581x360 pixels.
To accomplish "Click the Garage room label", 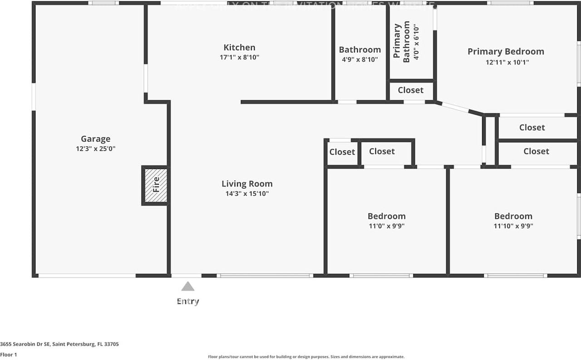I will (x=95, y=139).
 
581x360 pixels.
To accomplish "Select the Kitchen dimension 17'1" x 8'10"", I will (x=239, y=57).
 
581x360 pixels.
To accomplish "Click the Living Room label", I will (x=247, y=184).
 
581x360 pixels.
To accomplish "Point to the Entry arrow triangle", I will (x=187, y=286).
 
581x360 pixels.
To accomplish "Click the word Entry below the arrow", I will (x=187, y=301).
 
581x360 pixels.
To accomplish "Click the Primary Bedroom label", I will (x=506, y=51).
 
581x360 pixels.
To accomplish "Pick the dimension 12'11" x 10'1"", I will (x=507, y=62).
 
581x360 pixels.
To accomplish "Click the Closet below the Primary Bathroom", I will (x=410, y=90).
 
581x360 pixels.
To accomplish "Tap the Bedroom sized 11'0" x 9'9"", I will (x=386, y=216).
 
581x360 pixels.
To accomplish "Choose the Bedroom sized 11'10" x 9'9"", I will (x=513, y=216).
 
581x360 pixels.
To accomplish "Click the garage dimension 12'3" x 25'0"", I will (x=95, y=148).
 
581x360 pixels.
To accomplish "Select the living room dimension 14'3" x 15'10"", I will (x=247, y=194).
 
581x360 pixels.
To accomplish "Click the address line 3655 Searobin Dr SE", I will (x=59, y=344).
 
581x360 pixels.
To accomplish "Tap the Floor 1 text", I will (x=9, y=355).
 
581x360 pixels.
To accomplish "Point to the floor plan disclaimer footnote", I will (x=305, y=357).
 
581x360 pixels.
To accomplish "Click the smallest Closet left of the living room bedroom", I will (x=342, y=152).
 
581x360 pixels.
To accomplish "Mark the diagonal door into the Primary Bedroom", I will (x=456, y=108).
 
